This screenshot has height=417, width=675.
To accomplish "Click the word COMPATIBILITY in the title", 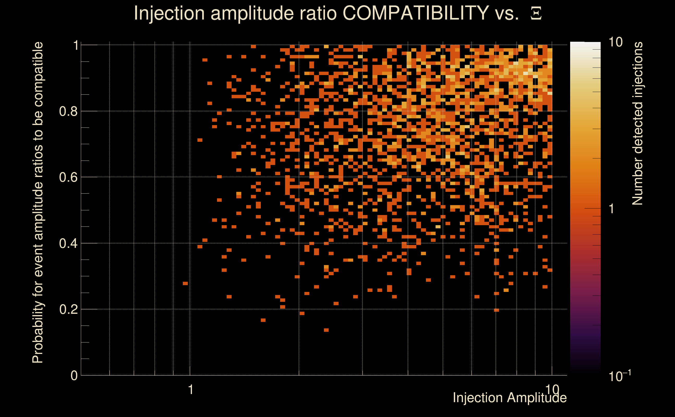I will pos(415,13).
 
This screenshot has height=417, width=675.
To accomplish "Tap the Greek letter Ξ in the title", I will pos(536,14).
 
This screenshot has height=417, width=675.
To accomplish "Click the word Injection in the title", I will pos(169,13).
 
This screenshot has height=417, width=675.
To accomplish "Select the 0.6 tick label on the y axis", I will pos(68,177).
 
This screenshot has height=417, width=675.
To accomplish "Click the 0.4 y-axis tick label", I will pos(68,243).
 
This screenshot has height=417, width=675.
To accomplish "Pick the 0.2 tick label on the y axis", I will pos(68,309).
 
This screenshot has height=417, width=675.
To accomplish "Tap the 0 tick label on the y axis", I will pos(74,375).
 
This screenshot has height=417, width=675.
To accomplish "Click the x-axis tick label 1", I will pos(190,390).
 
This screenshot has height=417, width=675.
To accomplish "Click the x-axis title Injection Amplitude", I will pos(509,398).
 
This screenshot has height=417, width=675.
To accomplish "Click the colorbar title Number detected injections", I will pos(637,123).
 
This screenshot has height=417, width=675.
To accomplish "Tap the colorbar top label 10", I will pos(615,42).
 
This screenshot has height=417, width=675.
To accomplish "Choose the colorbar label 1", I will pos(612,209).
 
